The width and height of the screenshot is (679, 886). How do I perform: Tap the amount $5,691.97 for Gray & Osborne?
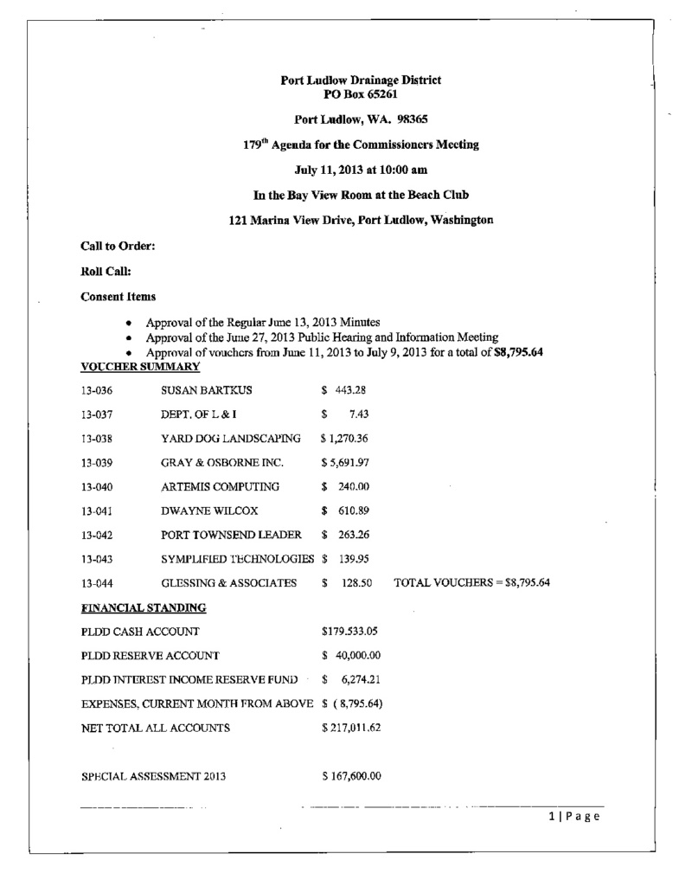click(x=349, y=462)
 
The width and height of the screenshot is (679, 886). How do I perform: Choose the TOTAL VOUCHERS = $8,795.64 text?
click(x=471, y=583)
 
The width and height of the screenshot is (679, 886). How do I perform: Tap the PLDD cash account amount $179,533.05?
click(x=351, y=631)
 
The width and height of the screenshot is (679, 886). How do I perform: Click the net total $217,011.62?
click(x=351, y=728)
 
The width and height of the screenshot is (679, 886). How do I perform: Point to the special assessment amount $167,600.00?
click(x=351, y=776)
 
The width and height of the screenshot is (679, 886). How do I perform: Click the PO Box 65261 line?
click(x=361, y=93)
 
